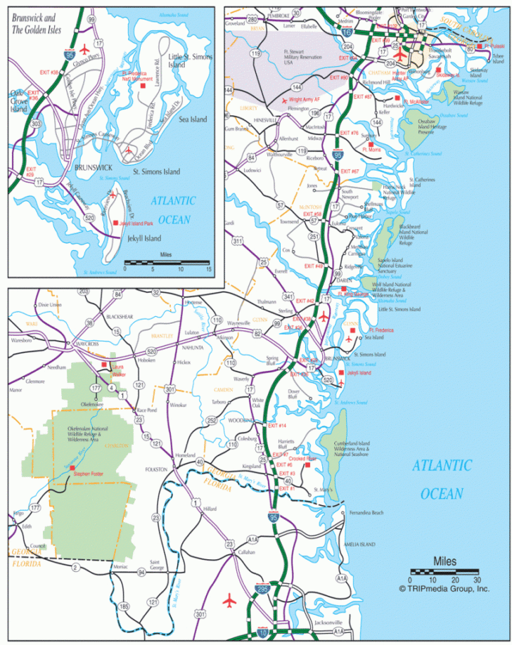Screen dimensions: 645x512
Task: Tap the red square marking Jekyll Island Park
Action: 115,223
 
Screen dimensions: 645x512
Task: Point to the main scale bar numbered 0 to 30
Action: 455,571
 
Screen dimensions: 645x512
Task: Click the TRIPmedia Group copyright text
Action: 444,589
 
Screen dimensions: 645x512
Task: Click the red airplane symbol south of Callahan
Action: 229,601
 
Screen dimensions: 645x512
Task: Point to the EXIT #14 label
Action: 277,426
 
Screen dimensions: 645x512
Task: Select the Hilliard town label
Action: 210,508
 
